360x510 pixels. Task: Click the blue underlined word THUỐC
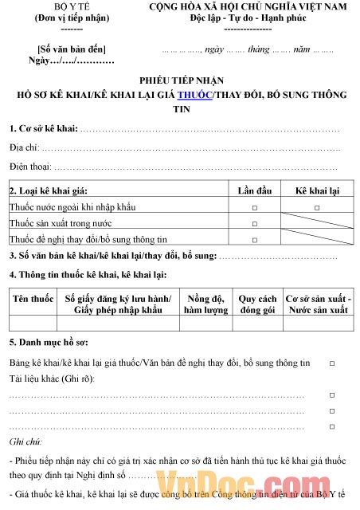[194, 95]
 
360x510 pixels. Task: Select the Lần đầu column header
[254, 190]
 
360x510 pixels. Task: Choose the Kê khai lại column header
[317, 190]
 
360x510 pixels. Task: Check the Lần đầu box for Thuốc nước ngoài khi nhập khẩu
[254, 207]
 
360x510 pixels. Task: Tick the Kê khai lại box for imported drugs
[317, 207]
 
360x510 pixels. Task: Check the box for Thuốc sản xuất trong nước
[254, 223]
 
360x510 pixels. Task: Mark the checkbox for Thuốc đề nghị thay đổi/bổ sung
[254, 239]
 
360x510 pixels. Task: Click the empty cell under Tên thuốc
[32, 323]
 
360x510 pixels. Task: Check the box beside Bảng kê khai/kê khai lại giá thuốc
[332, 363]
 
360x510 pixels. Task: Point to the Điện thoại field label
[30, 167]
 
